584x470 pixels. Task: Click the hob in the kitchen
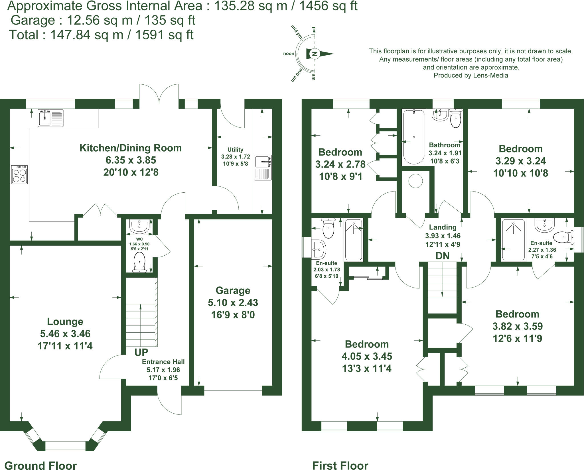[19, 174]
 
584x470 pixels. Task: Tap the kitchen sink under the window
[50, 118]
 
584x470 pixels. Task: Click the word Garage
[233, 290]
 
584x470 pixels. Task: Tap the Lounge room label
[65, 322]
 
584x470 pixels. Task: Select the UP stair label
[141, 352]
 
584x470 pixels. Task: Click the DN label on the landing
[442, 256]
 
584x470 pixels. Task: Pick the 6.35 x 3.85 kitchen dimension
[131, 160]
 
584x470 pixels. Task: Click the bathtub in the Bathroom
[414, 137]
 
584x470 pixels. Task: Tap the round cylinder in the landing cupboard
[415, 180]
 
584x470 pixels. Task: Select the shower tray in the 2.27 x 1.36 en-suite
[513, 239]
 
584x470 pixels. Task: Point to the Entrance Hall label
[163, 362]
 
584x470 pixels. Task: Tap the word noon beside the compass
[288, 54]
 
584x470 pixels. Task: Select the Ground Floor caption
[40, 465]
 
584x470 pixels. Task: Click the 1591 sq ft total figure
[164, 35]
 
